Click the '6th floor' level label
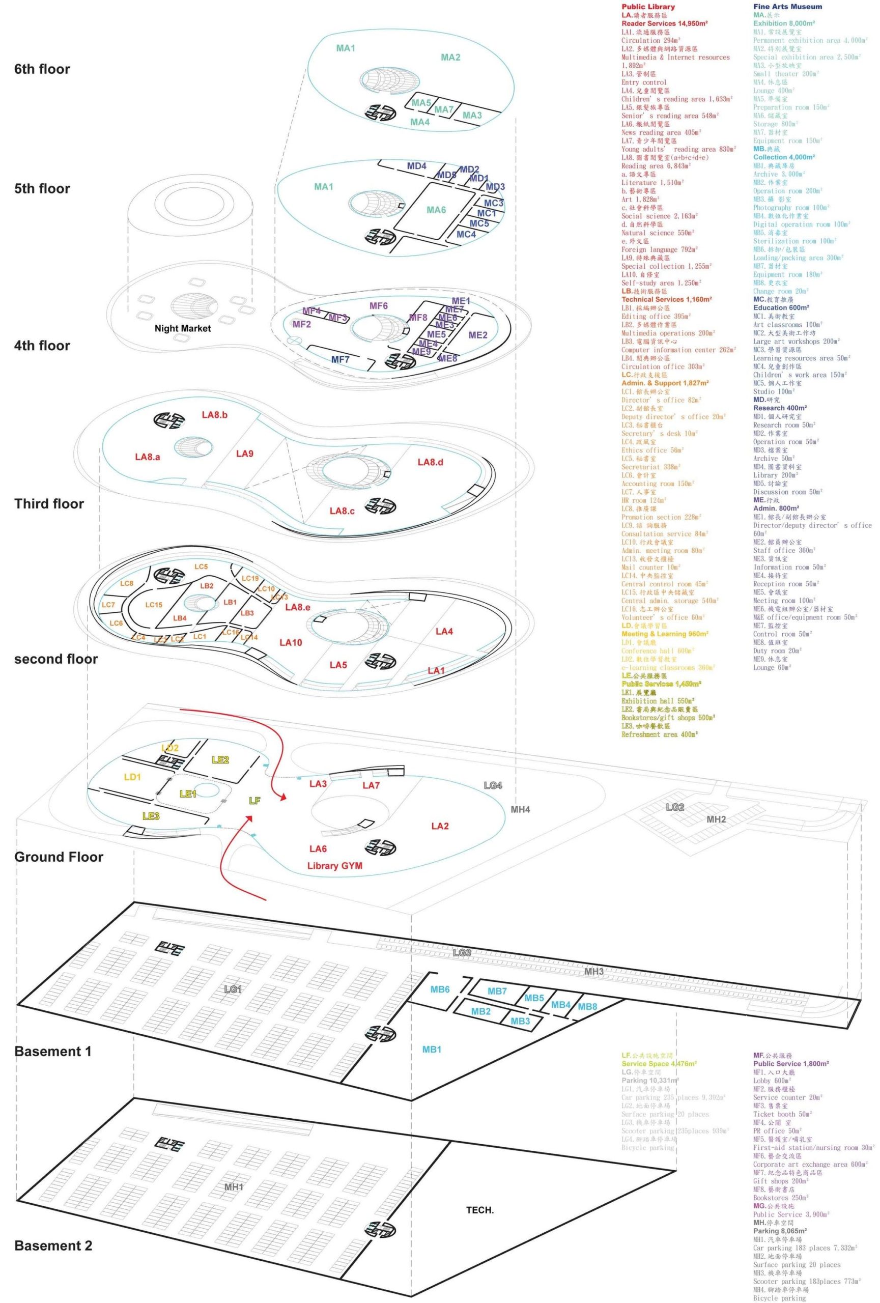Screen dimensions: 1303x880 pyautogui.click(x=42, y=70)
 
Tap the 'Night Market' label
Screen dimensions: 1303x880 pyautogui.click(x=183, y=329)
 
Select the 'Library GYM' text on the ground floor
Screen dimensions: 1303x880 pyautogui.click(x=334, y=866)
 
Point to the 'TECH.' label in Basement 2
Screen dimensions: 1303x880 pyautogui.click(x=480, y=1210)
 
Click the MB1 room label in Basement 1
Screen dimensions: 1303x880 pyautogui.click(x=432, y=1049)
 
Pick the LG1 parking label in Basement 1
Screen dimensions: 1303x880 pyautogui.click(x=233, y=989)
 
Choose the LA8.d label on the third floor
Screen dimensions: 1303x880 pyautogui.click(x=431, y=462)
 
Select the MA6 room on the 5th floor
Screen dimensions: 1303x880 pyautogui.click(x=436, y=210)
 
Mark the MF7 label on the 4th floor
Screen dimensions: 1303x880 pyautogui.click(x=340, y=359)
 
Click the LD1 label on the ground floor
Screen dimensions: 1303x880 pyautogui.click(x=132, y=777)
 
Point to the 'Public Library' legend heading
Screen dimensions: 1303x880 pyautogui.click(x=648, y=7)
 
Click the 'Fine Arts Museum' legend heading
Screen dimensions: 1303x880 pyautogui.click(x=787, y=7)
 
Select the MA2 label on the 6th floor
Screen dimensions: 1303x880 pyautogui.click(x=450, y=57)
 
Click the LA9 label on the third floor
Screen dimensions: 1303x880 pyautogui.click(x=244, y=454)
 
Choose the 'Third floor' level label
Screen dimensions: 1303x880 pyautogui.click(x=49, y=503)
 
